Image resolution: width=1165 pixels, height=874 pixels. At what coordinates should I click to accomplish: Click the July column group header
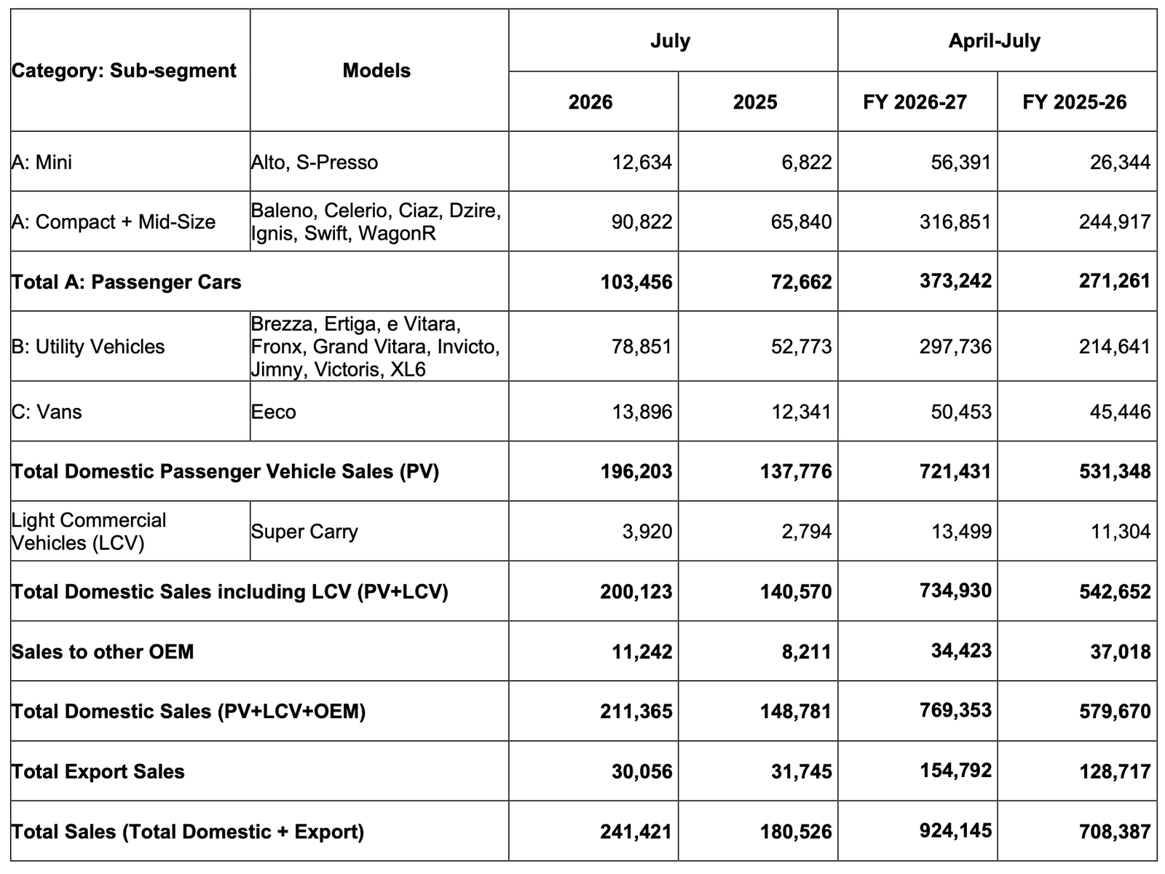click(671, 41)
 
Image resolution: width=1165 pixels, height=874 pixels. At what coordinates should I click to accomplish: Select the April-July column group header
click(994, 41)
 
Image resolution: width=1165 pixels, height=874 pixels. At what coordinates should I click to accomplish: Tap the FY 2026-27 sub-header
click(915, 102)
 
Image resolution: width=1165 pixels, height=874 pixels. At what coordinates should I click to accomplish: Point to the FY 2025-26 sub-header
click(1075, 102)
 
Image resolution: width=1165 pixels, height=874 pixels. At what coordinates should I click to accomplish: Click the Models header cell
click(376, 71)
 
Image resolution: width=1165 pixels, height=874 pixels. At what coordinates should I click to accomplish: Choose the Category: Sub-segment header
click(124, 71)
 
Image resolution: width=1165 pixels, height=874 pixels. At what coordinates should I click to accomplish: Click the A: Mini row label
click(42, 162)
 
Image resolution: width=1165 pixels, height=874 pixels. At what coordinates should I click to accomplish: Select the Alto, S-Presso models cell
click(315, 162)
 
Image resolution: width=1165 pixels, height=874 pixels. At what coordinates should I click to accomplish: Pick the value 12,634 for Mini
click(642, 162)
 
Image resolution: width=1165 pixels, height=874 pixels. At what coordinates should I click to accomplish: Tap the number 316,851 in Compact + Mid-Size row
click(955, 222)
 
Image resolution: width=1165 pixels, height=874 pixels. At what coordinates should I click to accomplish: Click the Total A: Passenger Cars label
click(126, 282)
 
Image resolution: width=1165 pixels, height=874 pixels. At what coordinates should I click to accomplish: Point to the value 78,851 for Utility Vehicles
click(641, 347)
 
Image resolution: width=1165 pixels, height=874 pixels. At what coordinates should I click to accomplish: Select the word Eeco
click(273, 412)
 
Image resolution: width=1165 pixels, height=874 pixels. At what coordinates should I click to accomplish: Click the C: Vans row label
click(47, 412)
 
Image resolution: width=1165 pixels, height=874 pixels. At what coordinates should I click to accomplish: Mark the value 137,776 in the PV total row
click(796, 471)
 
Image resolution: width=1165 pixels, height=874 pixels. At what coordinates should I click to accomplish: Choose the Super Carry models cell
click(304, 532)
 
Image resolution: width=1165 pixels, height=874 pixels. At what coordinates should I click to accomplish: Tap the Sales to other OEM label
click(103, 652)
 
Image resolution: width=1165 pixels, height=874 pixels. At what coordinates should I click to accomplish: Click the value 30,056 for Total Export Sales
click(641, 771)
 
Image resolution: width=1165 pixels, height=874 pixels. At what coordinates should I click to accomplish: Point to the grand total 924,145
click(955, 830)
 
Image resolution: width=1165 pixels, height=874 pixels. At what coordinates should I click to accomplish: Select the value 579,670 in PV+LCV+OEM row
click(1115, 712)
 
